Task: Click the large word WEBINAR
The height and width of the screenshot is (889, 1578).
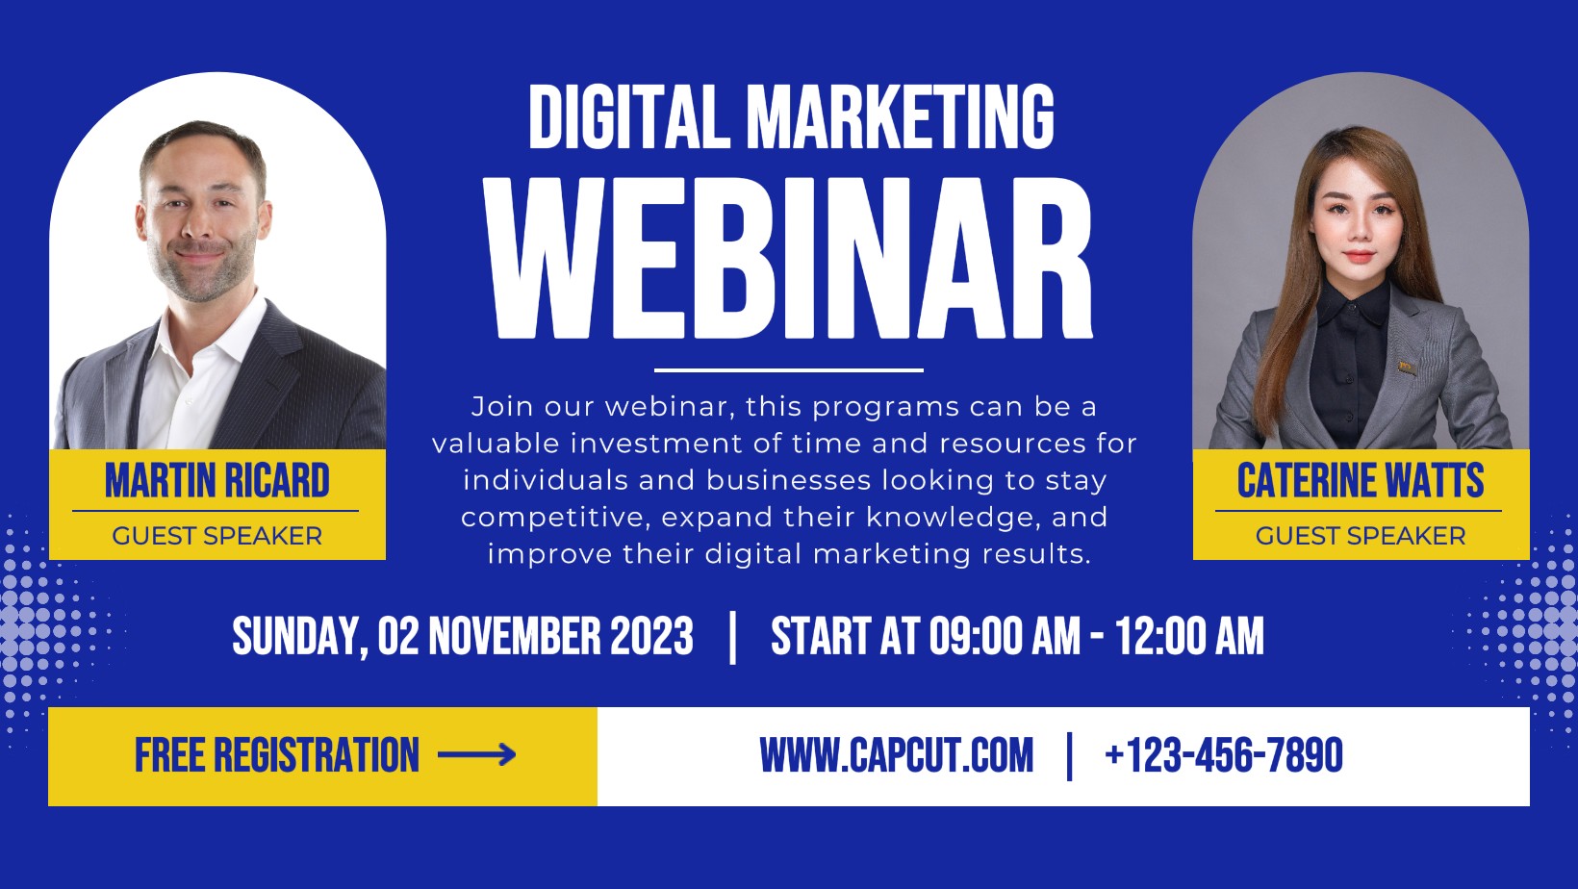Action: coord(788,259)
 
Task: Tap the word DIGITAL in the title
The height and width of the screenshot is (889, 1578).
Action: coord(630,117)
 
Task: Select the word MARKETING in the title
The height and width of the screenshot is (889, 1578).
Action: coord(901,117)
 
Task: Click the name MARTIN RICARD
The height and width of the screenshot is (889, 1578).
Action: coord(217,481)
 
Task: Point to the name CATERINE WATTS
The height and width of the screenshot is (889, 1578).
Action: coord(1361,481)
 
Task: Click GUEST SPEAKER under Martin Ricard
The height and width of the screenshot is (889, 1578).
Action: coord(217,536)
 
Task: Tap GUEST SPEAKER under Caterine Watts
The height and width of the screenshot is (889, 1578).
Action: coord(1361,536)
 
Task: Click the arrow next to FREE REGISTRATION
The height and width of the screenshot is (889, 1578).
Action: coord(477,755)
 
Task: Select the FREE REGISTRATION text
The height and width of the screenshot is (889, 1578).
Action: coord(277,755)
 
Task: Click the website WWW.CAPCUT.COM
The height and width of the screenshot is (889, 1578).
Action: coord(896,755)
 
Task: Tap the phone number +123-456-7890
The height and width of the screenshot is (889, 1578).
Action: coord(1224,755)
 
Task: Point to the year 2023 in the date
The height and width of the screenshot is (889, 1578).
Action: coord(651,636)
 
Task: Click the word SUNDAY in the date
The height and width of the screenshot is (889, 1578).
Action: coord(297,637)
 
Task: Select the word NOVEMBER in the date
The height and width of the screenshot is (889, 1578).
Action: coord(515,636)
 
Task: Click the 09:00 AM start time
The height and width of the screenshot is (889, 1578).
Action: coord(1004,636)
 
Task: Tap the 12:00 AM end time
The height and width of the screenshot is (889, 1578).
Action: coord(1189,636)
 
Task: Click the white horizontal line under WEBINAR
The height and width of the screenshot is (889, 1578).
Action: coord(788,369)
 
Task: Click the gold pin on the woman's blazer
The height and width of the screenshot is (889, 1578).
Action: coord(1407,368)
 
